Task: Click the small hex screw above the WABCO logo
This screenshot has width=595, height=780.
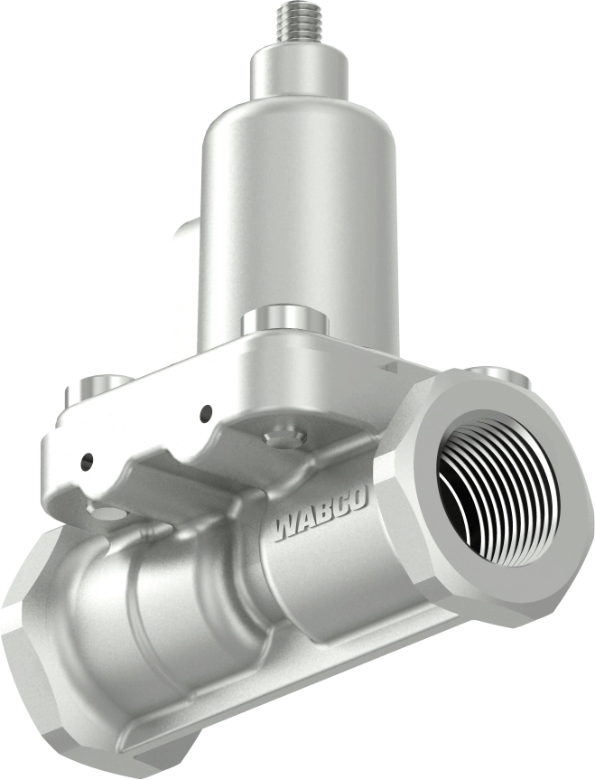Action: [x=283, y=435]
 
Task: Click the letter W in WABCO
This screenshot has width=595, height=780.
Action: [x=287, y=527]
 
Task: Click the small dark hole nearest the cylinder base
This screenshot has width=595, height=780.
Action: [x=207, y=412]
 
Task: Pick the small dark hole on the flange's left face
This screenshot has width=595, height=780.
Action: [x=86, y=461]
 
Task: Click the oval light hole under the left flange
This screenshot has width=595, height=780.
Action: [x=107, y=513]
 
